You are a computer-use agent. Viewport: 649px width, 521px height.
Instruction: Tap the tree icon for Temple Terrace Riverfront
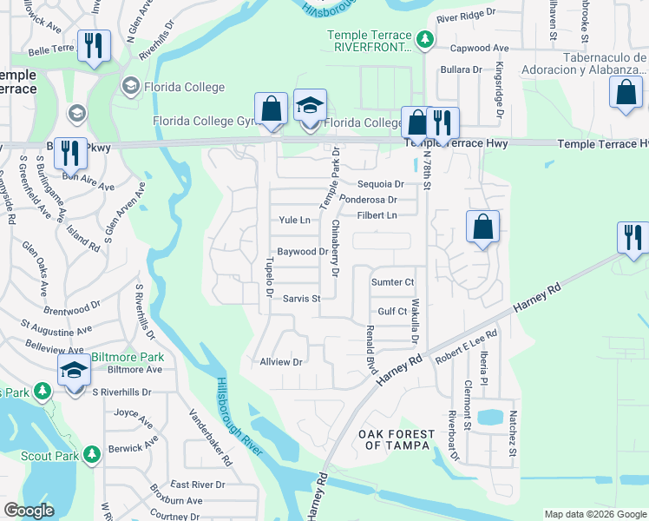pyautogui.click(x=424, y=39)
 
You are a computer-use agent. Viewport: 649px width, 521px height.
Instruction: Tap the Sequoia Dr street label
pyautogui.click(x=381, y=184)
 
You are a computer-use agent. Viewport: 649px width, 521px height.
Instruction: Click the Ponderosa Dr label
pyautogui.click(x=368, y=200)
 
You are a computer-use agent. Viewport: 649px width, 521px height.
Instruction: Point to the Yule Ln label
pyautogui.click(x=294, y=221)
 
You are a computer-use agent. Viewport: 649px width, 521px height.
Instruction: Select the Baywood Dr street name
pyautogui.click(x=301, y=252)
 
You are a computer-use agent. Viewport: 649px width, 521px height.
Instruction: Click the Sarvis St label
pyautogui.click(x=302, y=299)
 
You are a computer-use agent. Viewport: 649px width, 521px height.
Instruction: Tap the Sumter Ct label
pyautogui.click(x=393, y=282)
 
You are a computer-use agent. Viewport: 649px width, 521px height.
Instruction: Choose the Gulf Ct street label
pyautogui.click(x=392, y=311)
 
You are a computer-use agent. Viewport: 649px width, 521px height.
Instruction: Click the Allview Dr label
pyautogui.click(x=280, y=362)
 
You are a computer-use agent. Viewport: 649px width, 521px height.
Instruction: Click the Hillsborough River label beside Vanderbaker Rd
pyautogui.click(x=233, y=416)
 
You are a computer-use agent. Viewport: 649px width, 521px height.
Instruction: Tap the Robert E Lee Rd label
pyautogui.click(x=467, y=345)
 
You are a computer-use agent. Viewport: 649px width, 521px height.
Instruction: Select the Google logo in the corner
pyautogui.click(x=29, y=511)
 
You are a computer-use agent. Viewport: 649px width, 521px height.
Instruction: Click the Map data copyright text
pyautogui.click(x=595, y=514)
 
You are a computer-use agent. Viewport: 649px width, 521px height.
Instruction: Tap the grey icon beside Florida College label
pyautogui.click(x=131, y=86)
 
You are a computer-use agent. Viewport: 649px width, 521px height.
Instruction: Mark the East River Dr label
pyautogui.click(x=197, y=485)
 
